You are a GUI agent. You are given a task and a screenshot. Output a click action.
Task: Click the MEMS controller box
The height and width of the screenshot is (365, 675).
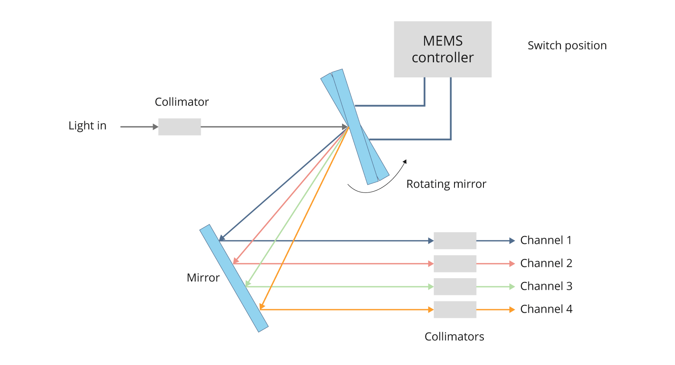pyautogui.click(x=442, y=49)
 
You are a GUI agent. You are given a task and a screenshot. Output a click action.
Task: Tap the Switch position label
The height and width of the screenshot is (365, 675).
pyautogui.click(x=567, y=45)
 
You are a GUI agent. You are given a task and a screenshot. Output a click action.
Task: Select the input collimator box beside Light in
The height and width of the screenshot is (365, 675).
pyautogui.click(x=179, y=127)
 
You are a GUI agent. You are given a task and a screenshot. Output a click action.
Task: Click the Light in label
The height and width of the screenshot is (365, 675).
pyautogui.click(x=87, y=126)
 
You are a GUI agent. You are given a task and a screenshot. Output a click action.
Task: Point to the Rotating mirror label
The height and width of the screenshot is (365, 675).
pyautogui.click(x=446, y=184)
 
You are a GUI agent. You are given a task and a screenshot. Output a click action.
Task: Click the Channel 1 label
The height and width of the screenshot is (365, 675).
pyautogui.click(x=546, y=240)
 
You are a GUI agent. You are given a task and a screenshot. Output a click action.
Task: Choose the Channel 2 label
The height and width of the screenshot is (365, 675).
pyautogui.click(x=546, y=263)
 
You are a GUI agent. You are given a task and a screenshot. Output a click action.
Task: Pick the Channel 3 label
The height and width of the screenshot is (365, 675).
pyautogui.click(x=546, y=286)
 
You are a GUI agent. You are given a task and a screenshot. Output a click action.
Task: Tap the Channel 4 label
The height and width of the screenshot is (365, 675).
pyautogui.click(x=546, y=309)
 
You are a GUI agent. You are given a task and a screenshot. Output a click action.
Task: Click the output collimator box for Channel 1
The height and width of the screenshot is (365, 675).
pyautogui.click(x=455, y=240)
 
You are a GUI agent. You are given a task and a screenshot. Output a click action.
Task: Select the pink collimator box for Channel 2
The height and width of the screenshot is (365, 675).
pyautogui.click(x=455, y=263)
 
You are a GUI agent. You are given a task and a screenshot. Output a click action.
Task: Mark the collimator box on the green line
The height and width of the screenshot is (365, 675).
pyautogui.click(x=455, y=286)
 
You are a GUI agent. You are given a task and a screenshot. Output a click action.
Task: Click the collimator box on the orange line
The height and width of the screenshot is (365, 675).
pyautogui.click(x=455, y=309)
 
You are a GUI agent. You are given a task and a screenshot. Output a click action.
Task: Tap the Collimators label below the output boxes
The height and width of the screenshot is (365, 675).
pyautogui.click(x=454, y=337)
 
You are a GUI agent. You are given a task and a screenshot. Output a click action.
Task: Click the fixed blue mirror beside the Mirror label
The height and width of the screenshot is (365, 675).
pyautogui.click(x=234, y=278)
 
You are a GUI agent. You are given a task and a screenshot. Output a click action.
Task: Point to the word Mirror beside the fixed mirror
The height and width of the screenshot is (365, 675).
pyautogui.click(x=203, y=278)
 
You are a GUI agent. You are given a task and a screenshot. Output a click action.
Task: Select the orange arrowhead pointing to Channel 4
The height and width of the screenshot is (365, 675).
pyautogui.click(x=512, y=310)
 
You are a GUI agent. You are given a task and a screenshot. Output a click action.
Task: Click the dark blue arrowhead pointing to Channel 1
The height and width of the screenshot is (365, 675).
pyautogui.click(x=512, y=241)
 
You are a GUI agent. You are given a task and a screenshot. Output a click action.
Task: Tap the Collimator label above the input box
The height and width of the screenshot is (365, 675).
pyautogui.click(x=182, y=102)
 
